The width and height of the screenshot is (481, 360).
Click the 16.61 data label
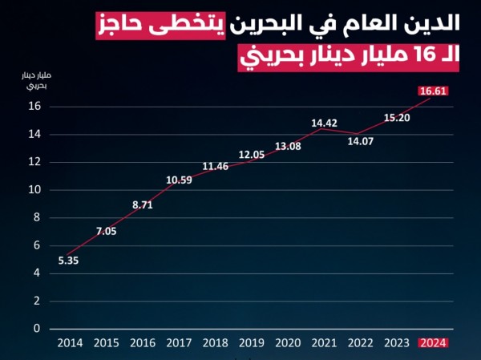[433, 91]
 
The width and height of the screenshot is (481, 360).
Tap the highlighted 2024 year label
[433, 342]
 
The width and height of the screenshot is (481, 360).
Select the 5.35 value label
[69, 260]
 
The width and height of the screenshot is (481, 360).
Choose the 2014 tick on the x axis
[70, 342]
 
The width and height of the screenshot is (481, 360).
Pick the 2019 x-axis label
[252, 342]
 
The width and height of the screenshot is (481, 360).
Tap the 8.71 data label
[142, 205]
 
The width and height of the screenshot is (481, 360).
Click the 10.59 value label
[179, 180]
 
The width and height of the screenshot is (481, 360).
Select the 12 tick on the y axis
[34, 162]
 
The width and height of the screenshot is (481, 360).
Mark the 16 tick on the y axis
[34, 107]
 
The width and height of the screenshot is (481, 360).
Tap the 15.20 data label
[397, 118]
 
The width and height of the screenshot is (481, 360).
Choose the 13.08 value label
[288, 146]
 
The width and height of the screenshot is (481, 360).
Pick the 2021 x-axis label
[325, 342]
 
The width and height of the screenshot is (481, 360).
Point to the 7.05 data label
[106, 232]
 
